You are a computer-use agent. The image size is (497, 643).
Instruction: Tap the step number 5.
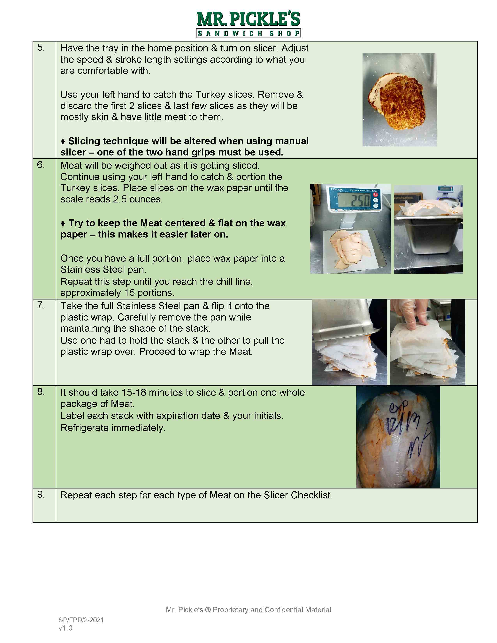tap(41, 48)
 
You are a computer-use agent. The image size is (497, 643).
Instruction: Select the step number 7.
tap(41, 306)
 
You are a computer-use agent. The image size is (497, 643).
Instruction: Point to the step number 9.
tap(41, 495)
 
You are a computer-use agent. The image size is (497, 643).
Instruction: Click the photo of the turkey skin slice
tap(399, 100)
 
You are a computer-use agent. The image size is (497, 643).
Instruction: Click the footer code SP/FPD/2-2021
tap(81, 620)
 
